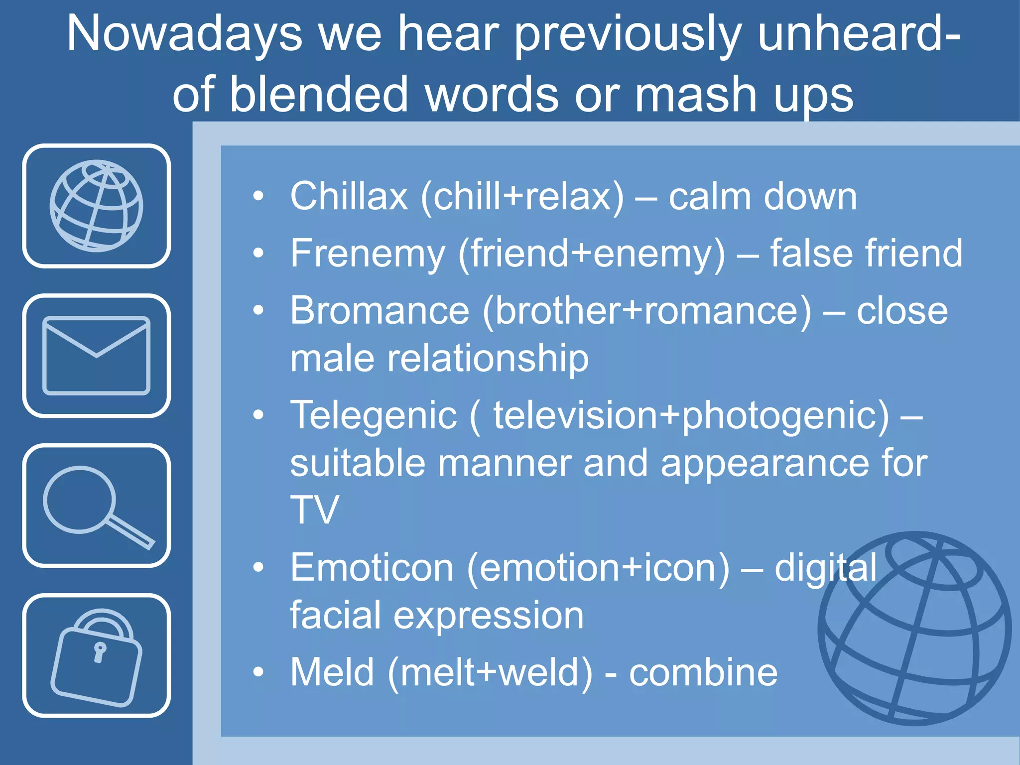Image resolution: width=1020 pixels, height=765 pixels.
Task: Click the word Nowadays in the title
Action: coord(184,34)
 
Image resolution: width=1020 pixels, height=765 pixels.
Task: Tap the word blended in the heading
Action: coord(319,95)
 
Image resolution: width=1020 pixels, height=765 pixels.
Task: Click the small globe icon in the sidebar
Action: coord(96,206)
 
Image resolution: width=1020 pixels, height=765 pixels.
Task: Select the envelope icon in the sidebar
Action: coord(96,356)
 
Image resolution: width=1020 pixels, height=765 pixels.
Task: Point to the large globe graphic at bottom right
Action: coord(914,629)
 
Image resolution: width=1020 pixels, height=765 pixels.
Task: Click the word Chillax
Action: coord(349,196)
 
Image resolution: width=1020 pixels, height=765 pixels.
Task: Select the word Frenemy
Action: coord(368,254)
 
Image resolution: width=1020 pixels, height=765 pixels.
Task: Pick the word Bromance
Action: coord(380,311)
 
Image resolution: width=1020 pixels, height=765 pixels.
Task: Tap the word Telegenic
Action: coord(374,415)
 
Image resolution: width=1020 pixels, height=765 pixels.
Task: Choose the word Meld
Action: coord(332,672)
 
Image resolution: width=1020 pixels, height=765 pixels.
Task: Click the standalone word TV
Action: coord(314,510)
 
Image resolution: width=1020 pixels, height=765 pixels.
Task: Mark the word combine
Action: coord(703,672)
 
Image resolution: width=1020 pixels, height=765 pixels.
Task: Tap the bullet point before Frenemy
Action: coord(258,254)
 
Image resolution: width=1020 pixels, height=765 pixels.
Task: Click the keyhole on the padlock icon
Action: coord(100,651)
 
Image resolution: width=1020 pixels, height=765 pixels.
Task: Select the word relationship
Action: coord(488,359)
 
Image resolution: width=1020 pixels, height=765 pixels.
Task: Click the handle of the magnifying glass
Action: coord(130,532)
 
